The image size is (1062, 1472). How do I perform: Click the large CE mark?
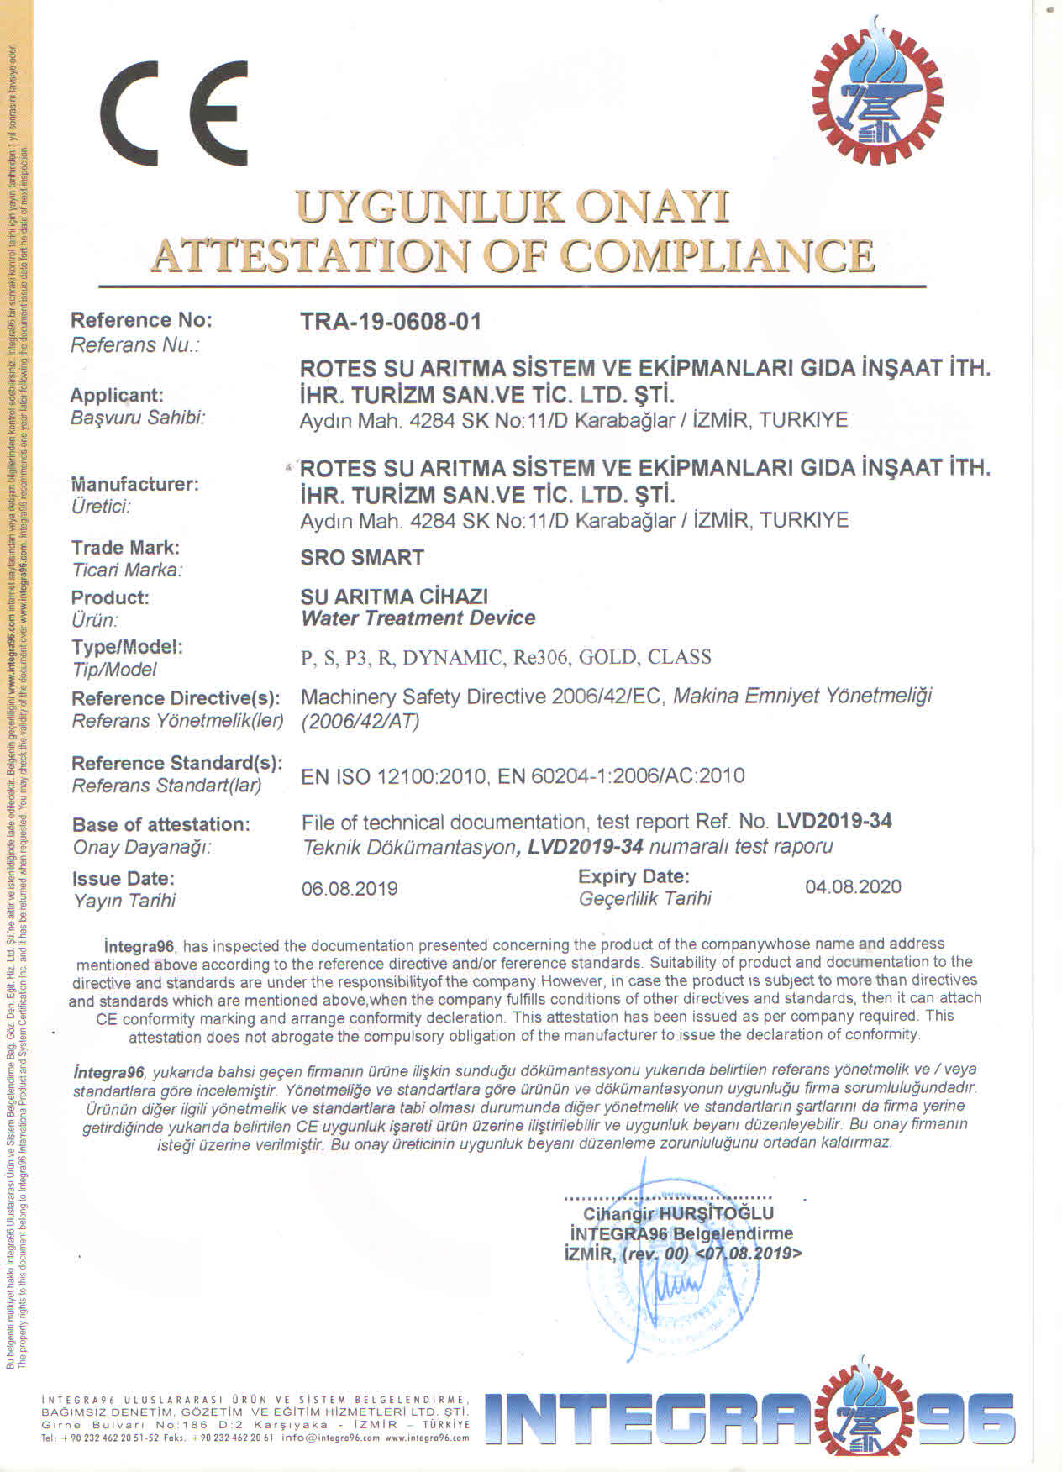pos(174,114)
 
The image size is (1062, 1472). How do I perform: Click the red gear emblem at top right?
pos(876,92)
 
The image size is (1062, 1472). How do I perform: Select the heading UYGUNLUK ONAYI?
pos(513,207)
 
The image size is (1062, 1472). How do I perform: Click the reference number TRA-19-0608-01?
pos(391,322)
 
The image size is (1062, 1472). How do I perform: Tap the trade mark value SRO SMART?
pos(362,557)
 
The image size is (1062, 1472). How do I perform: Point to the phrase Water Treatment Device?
pos(418,618)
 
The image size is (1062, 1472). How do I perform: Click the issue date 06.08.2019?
pos(350,889)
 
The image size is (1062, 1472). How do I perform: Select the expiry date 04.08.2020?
pos(853,886)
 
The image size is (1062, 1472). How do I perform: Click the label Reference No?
pos(141,320)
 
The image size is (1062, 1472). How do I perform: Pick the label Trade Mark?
pos(125,548)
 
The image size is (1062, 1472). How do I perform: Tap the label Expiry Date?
pos(634,876)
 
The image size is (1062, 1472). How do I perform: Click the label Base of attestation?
pos(161,824)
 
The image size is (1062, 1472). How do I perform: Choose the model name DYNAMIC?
pos(453,657)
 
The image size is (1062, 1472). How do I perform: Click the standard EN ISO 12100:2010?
pos(393,775)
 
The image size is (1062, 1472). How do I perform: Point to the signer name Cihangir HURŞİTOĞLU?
pos(678,1213)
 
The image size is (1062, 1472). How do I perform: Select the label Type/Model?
pos(127,647)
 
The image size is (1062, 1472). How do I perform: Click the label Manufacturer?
pos(134,484)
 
